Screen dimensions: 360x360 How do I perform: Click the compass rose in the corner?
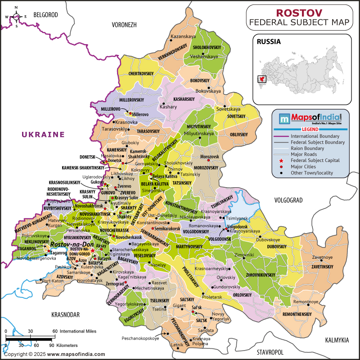[16, 17]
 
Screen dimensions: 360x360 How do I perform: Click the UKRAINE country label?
[43, 134]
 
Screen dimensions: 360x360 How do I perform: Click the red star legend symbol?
[281, 161]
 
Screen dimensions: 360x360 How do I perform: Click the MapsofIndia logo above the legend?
[311, 119]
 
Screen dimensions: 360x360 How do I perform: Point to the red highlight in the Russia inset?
[261, 79]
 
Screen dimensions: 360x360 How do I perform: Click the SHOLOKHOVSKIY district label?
[207, 47]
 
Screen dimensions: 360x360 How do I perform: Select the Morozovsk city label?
[209, 157]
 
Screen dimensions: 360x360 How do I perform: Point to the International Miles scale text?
[78, 331]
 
